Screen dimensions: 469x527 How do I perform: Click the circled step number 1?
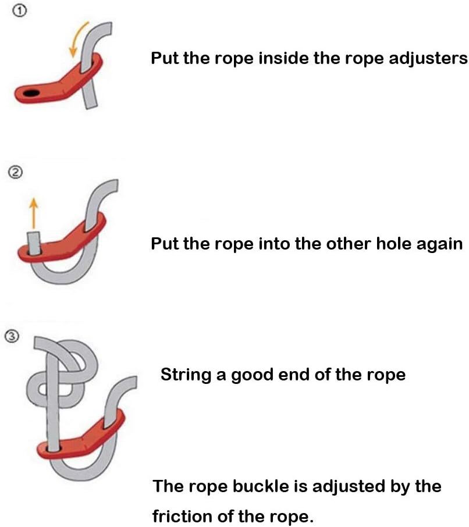pos(20,10)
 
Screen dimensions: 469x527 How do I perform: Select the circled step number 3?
pos(12,336)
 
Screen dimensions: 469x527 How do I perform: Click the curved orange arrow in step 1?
pos(77,38)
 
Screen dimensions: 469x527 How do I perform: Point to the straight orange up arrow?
pos(33,213)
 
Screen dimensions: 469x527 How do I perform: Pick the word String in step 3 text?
pos(186,375)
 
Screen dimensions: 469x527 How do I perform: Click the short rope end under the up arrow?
pos(34,243)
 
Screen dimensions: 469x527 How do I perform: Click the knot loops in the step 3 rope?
pos(63,373)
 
